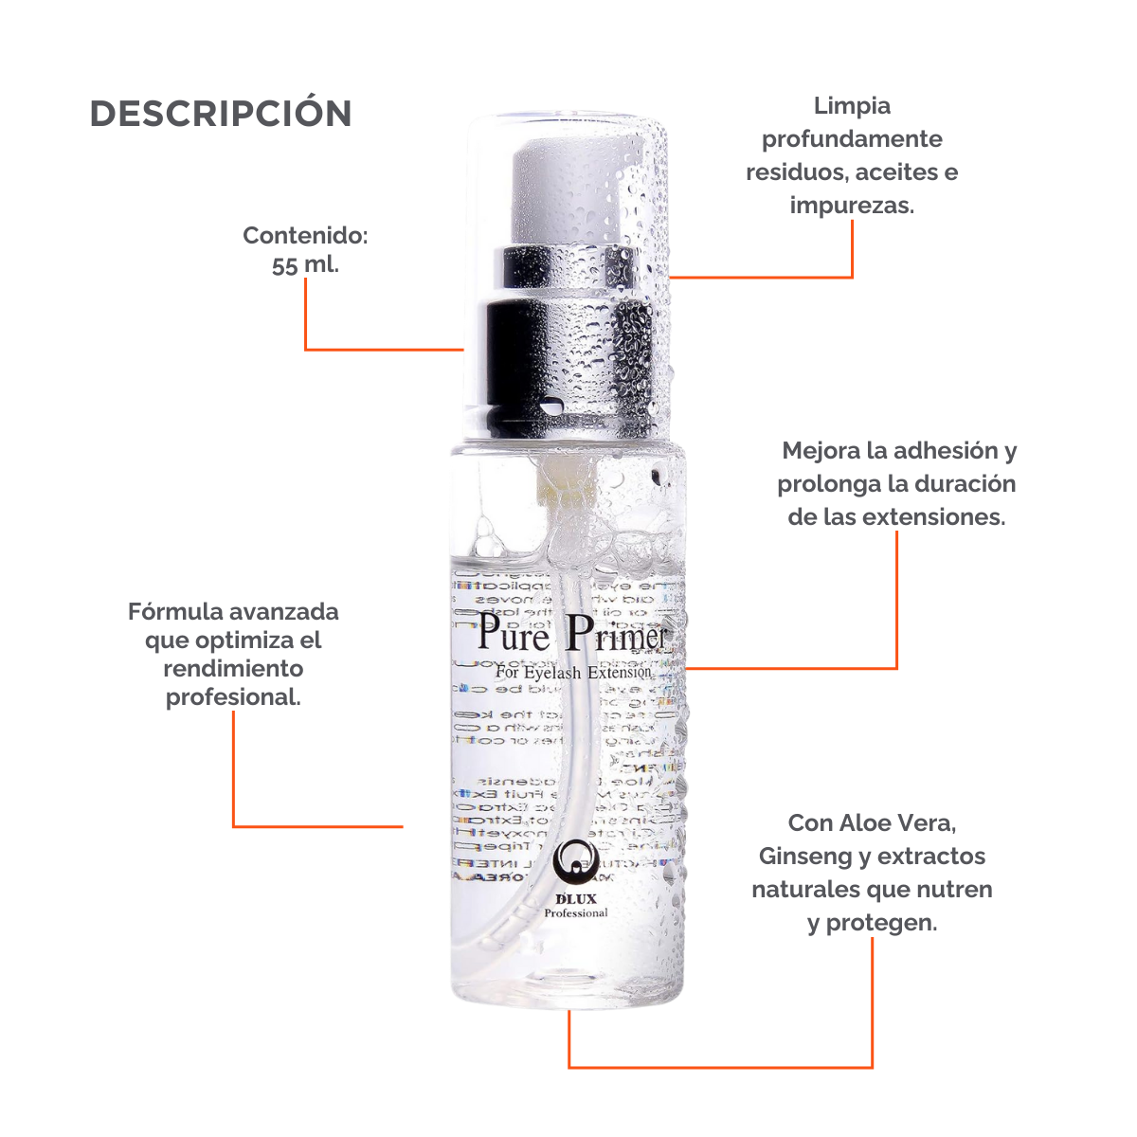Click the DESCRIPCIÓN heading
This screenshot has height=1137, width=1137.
221,114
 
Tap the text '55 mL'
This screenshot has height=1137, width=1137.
304,265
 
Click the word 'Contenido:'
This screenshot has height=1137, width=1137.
305,235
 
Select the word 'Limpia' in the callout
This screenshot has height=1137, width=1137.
852,105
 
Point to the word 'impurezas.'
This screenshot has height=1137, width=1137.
852,205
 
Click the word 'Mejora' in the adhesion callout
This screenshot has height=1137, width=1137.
821,450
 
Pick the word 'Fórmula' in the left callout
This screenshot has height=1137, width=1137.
174,612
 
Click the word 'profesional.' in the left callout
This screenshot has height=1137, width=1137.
233,697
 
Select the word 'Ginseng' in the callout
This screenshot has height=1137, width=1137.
804,857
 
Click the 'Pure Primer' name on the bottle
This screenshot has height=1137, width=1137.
571,634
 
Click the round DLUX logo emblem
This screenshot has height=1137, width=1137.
574,861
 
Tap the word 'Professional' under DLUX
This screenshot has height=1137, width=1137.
575,913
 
